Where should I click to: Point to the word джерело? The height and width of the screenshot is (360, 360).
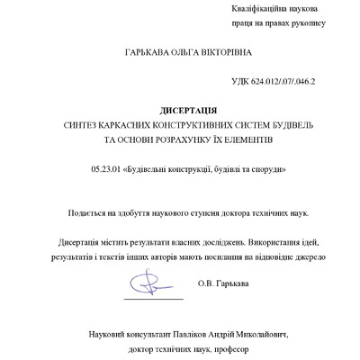[x=316, y=256]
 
